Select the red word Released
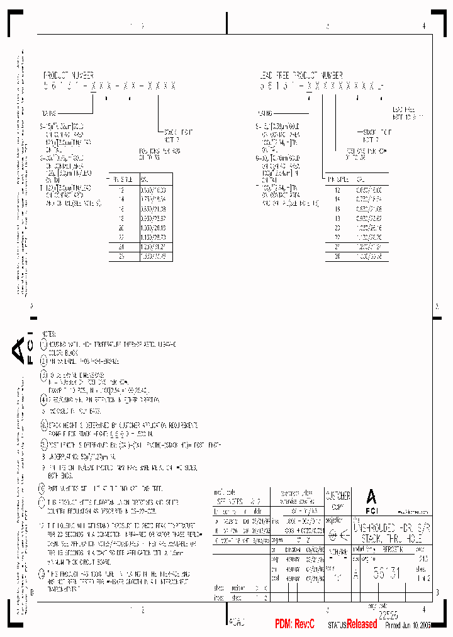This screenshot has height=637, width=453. [x=362, y=624]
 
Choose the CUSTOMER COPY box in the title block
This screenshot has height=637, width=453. [x=338, y=500]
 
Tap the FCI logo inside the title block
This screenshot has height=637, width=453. [x=371, y=500]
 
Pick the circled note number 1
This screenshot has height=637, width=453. [x=43, y=345]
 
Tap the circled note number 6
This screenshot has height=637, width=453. [x=43, y=426]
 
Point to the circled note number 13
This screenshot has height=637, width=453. [x=43, y=573]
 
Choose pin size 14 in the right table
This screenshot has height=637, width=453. [x=338, y=198]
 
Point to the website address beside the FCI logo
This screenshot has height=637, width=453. [x=413, y=512]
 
